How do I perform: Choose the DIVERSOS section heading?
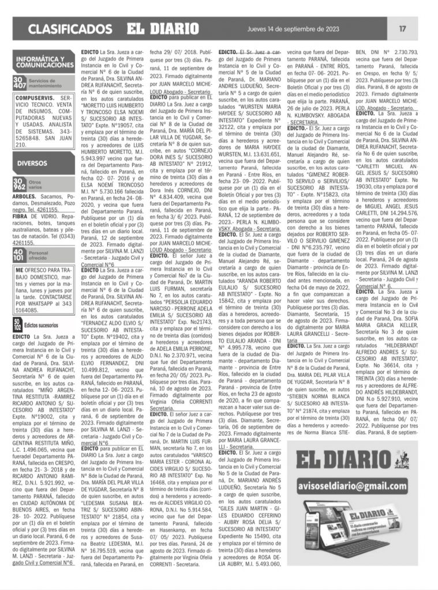32,163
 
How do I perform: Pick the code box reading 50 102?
17,325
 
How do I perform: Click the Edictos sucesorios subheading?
42,326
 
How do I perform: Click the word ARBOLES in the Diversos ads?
27,196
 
